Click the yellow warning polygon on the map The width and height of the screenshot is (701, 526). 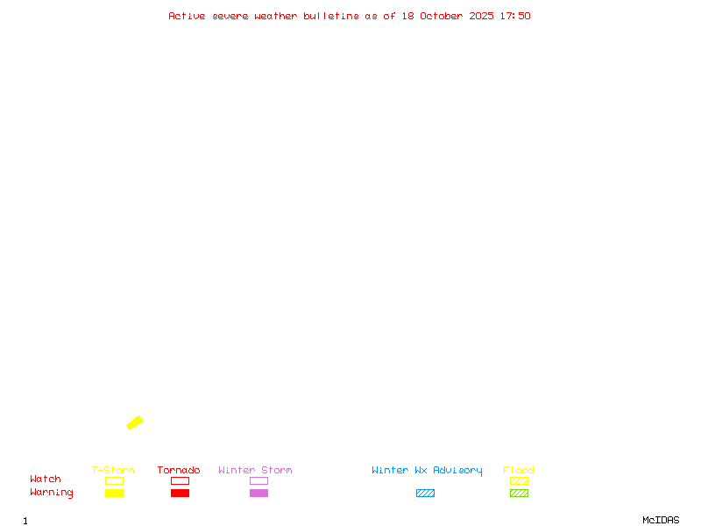pyautogui.click(x=135, y=423)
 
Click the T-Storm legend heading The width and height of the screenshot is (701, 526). pyautogui.click(x=113, y=471)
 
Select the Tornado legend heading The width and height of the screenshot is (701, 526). pyautogui.click(x=179, y=471)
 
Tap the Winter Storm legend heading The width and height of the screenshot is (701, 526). pyautogui.click(x=255, y=471)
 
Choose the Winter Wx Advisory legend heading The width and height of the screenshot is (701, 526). pyautogui.click(x=427, y=471)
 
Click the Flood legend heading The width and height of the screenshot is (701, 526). pyautogui.click(x=519, y=471)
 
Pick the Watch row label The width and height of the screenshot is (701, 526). pyautogui.click(x=46, y=480)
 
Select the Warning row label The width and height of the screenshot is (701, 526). pyautogui.click(x=52, y=493)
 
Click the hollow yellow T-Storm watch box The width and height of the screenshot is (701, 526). pyautogui.click(x=114, y=480)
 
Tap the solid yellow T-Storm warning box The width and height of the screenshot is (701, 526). pyautogui.click(x=114, y=493)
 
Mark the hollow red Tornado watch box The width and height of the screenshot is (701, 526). pyautogui.click(x=180, y=480)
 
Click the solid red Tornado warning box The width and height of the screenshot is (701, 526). pyautogui.click(x=180, y=493)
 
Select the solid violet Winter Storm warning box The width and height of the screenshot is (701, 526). pyautogui.click(x=258, y=493)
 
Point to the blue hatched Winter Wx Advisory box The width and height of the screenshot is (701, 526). pyautogui.click(x=425, y=493)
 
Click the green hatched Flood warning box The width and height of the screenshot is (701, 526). pyautogui.click(x=519, y=493)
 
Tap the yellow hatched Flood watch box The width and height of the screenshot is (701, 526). pyautogui.click(x=519, y=480)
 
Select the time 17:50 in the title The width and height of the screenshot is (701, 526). pyautogui.click(x=515, y=16)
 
